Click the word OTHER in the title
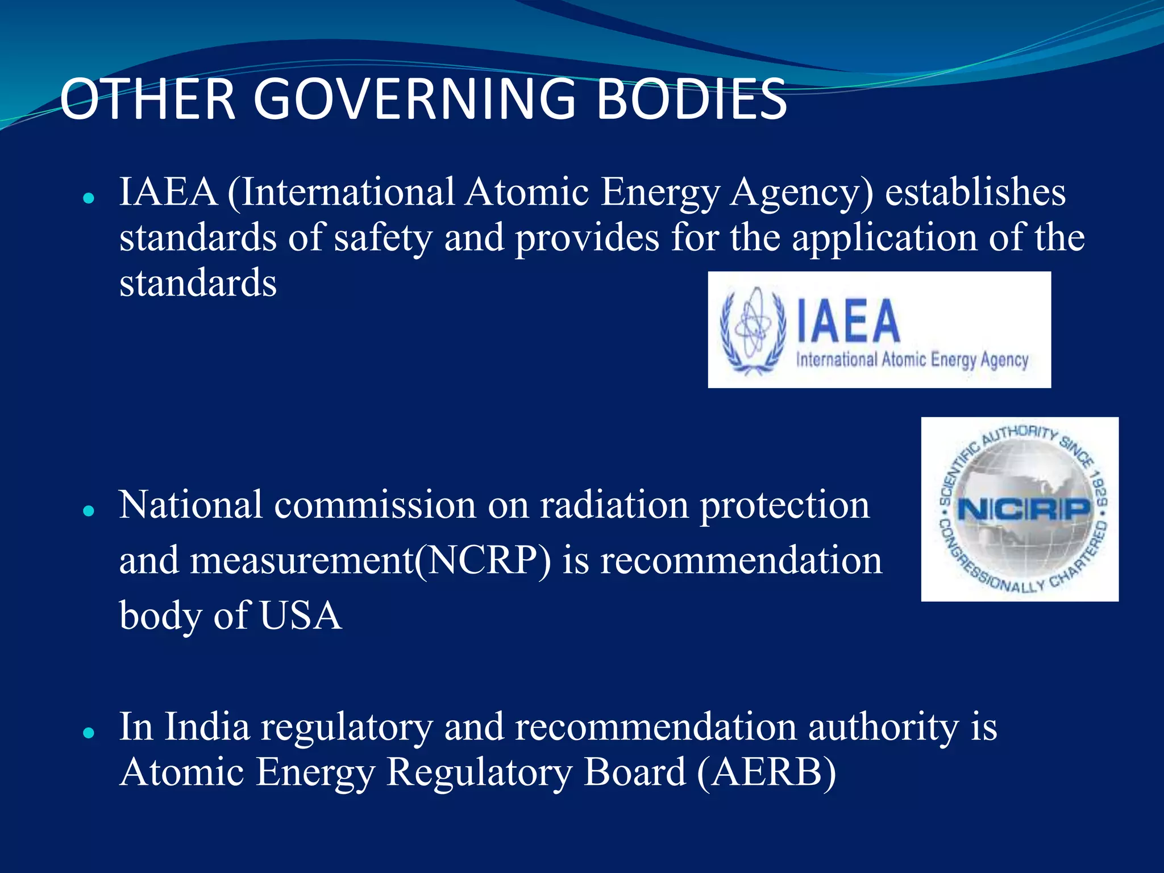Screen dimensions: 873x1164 [x=148, y=99]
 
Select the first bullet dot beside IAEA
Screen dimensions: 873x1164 [x=88, y=198]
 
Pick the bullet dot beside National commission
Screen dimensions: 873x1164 [x=88, y=511]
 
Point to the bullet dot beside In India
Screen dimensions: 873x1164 [x=88, y=733]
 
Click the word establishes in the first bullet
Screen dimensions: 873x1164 [x=975, y=192]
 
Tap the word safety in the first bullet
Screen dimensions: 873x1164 [x=383, y=238]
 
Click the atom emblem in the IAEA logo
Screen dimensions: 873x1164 [x=753, y=330]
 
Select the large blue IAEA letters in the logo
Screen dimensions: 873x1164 [x=848, y=322]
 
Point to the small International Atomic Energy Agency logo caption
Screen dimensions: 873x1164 [x=912, y=360]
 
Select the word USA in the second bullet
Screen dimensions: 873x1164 [x=301, y=616]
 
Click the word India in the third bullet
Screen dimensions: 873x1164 [x=207, y=727]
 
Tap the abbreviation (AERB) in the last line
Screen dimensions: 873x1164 [x=766, y=772]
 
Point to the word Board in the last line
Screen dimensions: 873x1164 [x=635, y=772]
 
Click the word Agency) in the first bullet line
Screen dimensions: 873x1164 [x=801, y=193]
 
